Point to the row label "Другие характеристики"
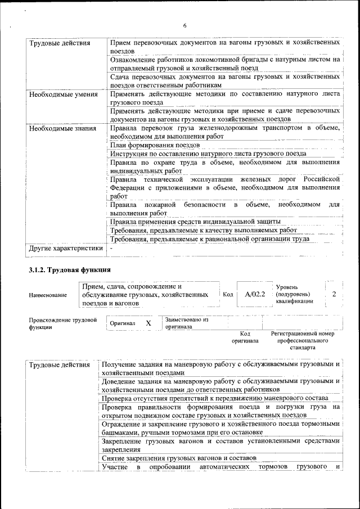tap(66, 248)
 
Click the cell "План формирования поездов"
tap(150, 145)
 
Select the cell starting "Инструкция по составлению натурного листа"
tap(208, 154)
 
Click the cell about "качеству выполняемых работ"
tap(203, 230)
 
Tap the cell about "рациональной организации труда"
tap(209, 238)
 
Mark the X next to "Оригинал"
tap(148, 323)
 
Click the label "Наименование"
tap(48, 295)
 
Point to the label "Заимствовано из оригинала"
tap(187, 323)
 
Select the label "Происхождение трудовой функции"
tap(62, 323)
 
